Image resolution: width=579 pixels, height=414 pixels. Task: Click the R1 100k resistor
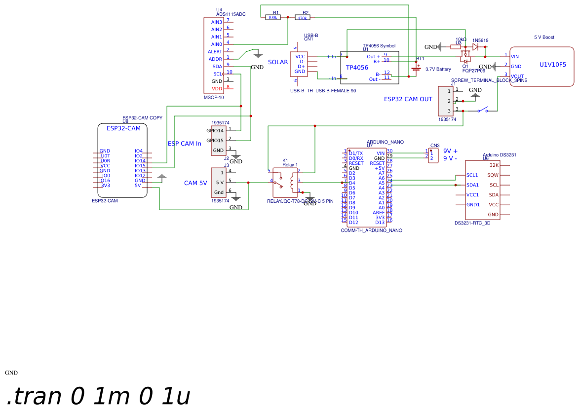tap(272, 17)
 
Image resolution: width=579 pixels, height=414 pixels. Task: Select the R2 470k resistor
tap(303, 18)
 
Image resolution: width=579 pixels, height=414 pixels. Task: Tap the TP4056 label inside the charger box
tap(357, 68)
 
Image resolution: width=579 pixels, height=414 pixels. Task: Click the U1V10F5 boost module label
tap(552, 65)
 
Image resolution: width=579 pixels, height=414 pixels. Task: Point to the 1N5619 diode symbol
tap(475, 47)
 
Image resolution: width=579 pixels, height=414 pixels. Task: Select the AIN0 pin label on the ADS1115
tap(216, 44)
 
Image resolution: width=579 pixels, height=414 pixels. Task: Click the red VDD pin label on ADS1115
tap(217, 89)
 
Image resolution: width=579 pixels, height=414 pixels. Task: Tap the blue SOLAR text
tap(278, 62)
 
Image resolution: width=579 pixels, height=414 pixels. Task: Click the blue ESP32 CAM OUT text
tap(408, 99)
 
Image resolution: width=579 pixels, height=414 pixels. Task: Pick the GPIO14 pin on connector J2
tap(215, 131)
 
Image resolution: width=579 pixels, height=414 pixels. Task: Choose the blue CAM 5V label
tap(195, 183)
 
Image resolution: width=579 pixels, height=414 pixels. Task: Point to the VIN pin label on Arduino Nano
tap(380, 153)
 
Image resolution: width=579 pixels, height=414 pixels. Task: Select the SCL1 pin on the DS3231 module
tap(472, 175)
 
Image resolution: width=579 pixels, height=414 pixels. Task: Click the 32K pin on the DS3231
tap(494, 165)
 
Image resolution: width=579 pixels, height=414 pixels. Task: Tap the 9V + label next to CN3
tap(450, 151)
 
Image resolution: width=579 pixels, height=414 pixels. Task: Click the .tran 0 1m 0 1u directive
tap(98, 396)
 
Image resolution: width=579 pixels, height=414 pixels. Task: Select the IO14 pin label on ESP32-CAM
tap(140, 161)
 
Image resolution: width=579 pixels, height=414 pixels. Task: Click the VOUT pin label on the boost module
tap(517, 76)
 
